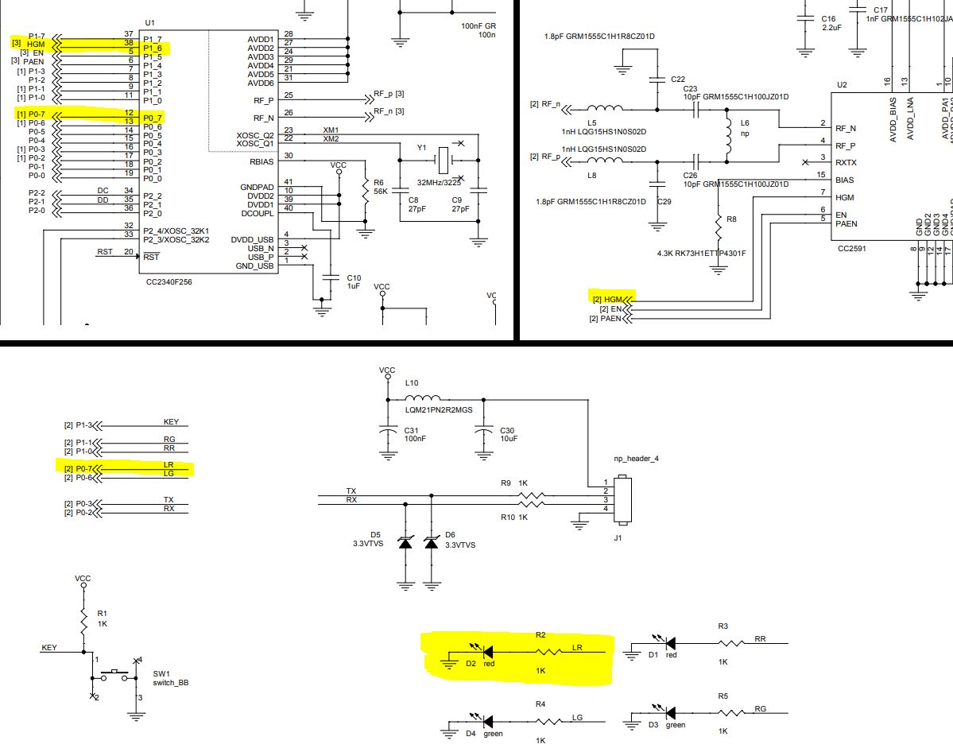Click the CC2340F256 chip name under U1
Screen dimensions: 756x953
pos(169,281)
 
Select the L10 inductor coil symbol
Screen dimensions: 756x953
pos(421,399)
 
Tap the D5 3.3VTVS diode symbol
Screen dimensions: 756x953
pos(405,544)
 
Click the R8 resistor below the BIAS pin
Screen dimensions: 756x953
pos(719,229)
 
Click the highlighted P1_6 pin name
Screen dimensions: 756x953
pos(153,48)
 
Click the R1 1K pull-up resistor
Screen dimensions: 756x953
pos(83,619)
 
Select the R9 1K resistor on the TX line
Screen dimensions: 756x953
pos(531,494)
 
